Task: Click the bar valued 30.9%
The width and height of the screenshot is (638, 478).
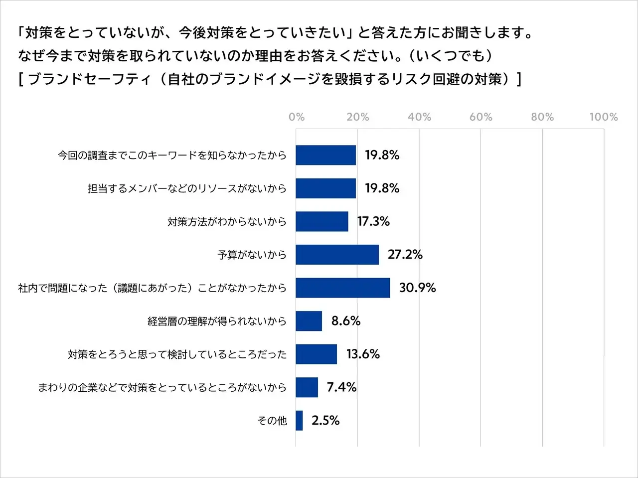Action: [x=343, y=288]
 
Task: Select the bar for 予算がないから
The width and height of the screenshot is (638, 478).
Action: [x=337, y=255]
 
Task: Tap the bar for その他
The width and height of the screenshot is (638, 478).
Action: [x=299, y=421]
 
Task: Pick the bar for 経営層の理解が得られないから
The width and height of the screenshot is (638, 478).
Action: [x=309, y=321]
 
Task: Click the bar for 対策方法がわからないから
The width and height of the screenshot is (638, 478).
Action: [x=322, y=221]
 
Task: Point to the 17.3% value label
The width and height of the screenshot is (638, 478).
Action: [x=373, y=221]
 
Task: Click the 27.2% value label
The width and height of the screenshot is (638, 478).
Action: [x=405, y=255]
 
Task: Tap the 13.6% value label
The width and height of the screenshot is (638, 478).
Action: [x=363, y=354]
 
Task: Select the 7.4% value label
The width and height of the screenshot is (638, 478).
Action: [x=341, y=387]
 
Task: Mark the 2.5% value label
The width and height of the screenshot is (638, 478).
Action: [x=325, y=421]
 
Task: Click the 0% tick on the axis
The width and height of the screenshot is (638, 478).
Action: [x=297, y=117]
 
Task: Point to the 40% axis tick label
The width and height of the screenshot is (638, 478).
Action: [x=419, y=117]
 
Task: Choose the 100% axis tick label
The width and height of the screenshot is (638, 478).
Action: [x=604, y=117]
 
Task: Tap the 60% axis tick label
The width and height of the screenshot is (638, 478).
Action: [x=481, y=117]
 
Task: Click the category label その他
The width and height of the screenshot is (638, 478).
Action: [x=272, y=421]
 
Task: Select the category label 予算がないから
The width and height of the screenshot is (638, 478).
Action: [x=252, y=255]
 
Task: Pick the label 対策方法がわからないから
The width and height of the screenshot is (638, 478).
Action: [x=227, y=221]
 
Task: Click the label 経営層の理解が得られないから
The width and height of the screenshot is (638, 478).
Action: [x=217, y=321]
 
